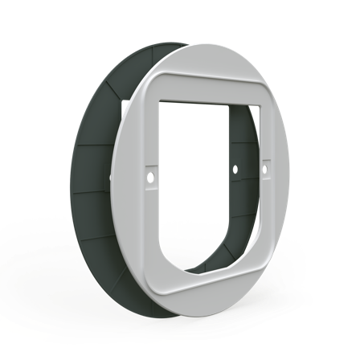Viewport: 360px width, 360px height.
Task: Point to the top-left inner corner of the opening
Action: coord(162,100)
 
